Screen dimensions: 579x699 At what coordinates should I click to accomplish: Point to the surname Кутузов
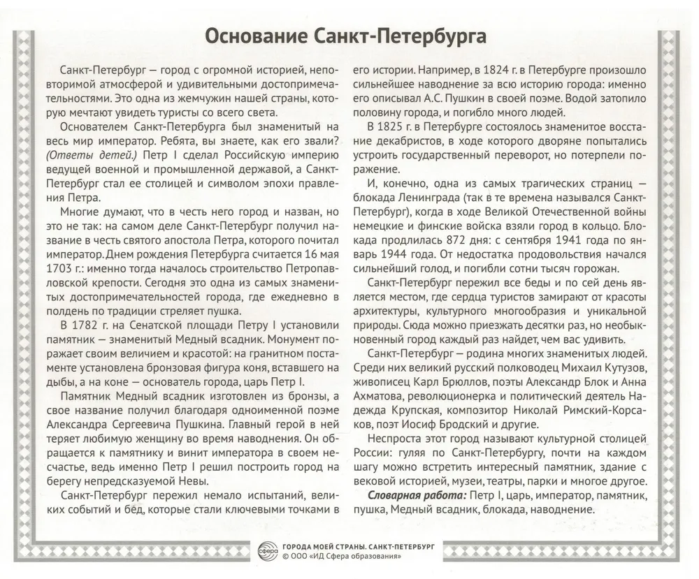point(624,367)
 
